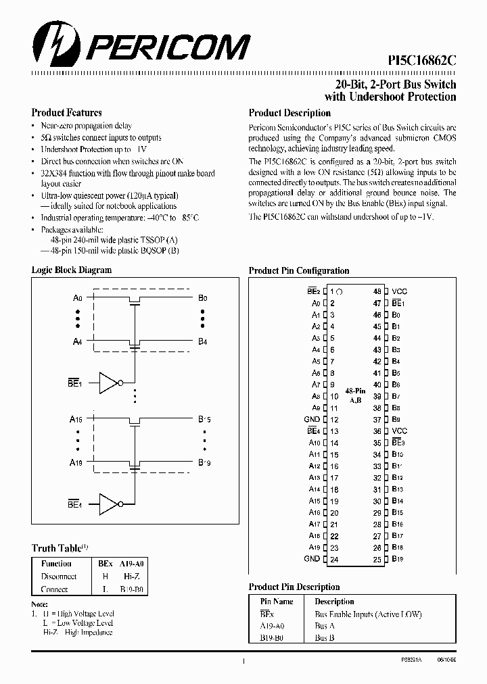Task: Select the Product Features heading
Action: pyautogui.click(x=66, y=113)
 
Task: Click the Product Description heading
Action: pyautogui.click(x=289, y=114)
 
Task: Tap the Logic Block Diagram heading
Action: pyautogui.click(x=72, y=270)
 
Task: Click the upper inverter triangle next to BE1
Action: pyautogui.click(x=110, y=383)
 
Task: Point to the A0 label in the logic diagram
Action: pyautogui.click(x=78, y=297)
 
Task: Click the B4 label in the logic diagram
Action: pyautogui.click(x=202, y=342)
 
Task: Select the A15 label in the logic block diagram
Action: pyautogui.click(x=76, y=419)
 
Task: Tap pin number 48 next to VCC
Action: pyautogui.click(x=377, y=291)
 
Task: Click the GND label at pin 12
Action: pyautogui.click(x=312, y=420)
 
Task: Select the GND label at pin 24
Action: pyautogui.click(x=312, y=559)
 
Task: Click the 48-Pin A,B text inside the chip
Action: pyautogui.click(x=356, y=395)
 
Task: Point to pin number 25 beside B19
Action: pyautogui.click(x=377, y=559)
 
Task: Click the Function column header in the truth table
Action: pyautogui.click(x=57, y=564)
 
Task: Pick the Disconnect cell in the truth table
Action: pyautogui.click(x=59, y=577)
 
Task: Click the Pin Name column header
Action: pyautogui.click(x=277, y=602)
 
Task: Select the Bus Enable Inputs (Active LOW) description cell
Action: pyautogui.click(x=367, y=614)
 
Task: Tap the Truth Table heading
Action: pyautogui.click(x=57, y=548)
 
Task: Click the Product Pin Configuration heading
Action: pyautogui.click(x=299, y=270)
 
